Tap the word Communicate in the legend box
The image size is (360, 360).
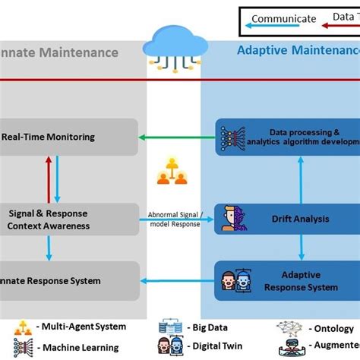pos(283,19)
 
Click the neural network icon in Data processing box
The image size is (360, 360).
pos(229,137)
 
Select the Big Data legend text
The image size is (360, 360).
pos(209,328)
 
